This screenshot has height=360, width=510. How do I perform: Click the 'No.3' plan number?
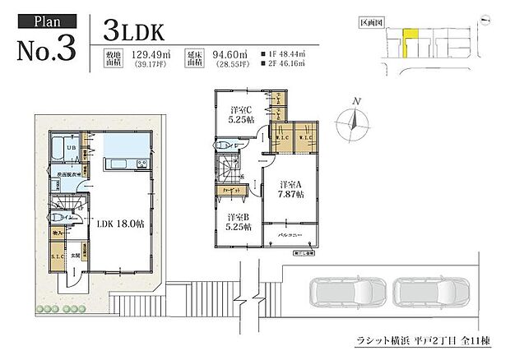point(47,48)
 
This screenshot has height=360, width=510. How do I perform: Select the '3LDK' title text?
point(135,30)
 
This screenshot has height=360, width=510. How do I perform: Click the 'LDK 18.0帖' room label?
point(121,222)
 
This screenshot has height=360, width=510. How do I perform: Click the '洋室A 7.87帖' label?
point(291,189)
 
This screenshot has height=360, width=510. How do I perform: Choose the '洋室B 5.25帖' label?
point(239,224)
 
